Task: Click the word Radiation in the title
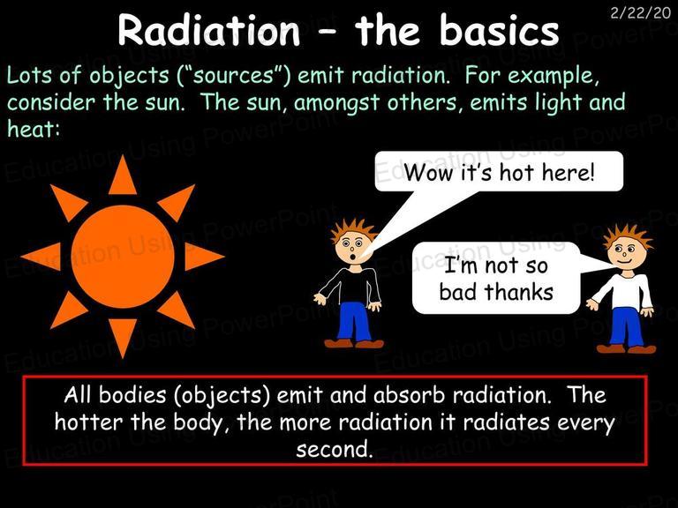[209, 30]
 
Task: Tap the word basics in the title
[500, 30]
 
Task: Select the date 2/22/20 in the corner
[640, 13]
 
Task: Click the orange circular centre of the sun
[123, 257]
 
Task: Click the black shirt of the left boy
[352, 285]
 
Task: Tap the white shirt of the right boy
[625, 292]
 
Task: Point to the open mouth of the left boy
[354, 257]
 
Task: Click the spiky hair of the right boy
[628, 236]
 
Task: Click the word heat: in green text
[34, 128]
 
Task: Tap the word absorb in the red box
[409, 395]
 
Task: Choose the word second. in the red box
[335, 449]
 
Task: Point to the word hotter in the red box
[89, 422]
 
